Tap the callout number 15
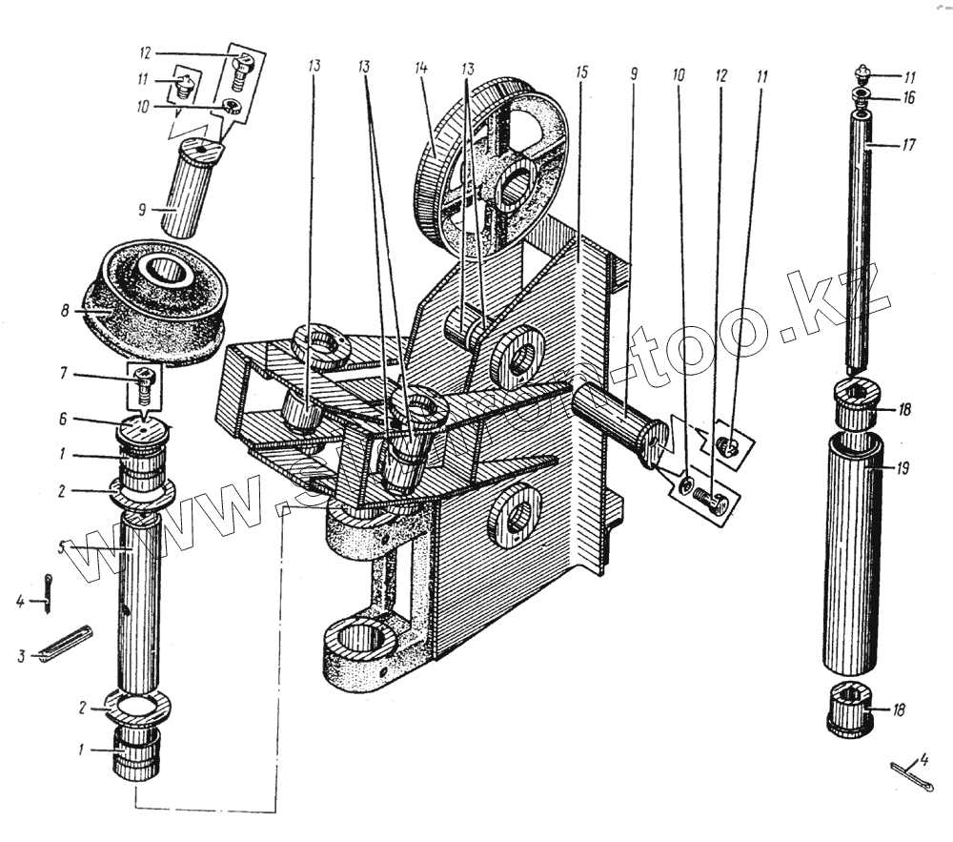click(582, 72)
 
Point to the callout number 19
click(902, 468)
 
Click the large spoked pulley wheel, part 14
click(491, 167)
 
